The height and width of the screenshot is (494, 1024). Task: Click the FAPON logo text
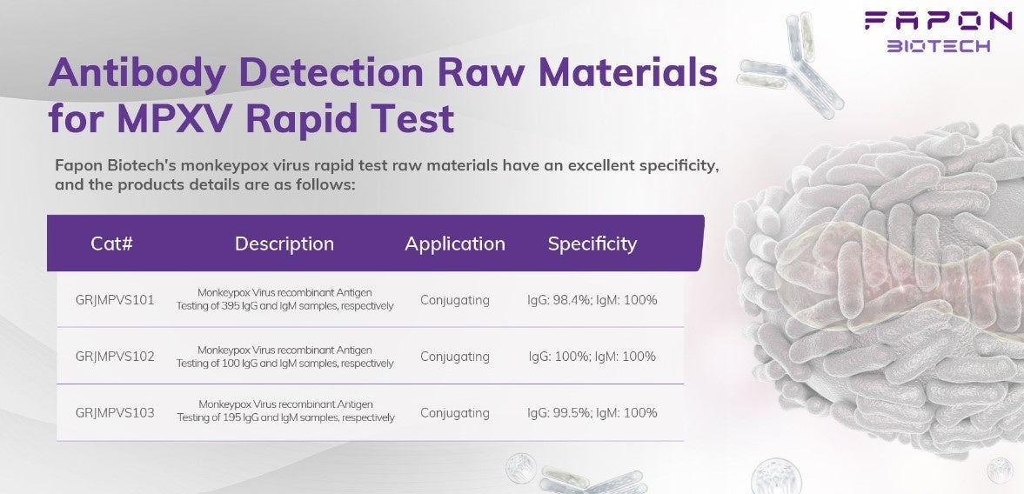(x=938, y=22)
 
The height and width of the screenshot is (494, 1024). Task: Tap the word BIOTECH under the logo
(x=938, y=46)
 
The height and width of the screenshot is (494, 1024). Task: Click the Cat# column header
(x=111, y=244)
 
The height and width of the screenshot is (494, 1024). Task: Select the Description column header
(x=284, y=244)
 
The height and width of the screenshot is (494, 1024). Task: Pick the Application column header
(x=455, y=244)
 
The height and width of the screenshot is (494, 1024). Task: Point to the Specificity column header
(x=592, y=244)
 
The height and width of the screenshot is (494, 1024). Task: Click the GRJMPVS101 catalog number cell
(x=115, y=300)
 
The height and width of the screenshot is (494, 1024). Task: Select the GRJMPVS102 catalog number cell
(x=115, y=357)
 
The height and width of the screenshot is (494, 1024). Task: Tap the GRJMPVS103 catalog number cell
(x=115, y=412)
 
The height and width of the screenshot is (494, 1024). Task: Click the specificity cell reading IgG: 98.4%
(x=592, y=300)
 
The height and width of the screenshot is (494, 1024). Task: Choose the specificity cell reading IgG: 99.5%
(x=592, y=412)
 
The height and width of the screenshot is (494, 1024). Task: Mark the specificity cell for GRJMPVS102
(x=592, y=357)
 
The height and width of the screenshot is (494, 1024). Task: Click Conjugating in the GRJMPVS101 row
(x=454, y=301)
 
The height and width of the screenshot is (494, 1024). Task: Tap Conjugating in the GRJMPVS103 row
(x=454, y=413)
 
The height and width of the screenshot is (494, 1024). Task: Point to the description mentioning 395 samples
(x=284, y=299)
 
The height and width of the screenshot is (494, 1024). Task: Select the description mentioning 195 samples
(x=285, y=411)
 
